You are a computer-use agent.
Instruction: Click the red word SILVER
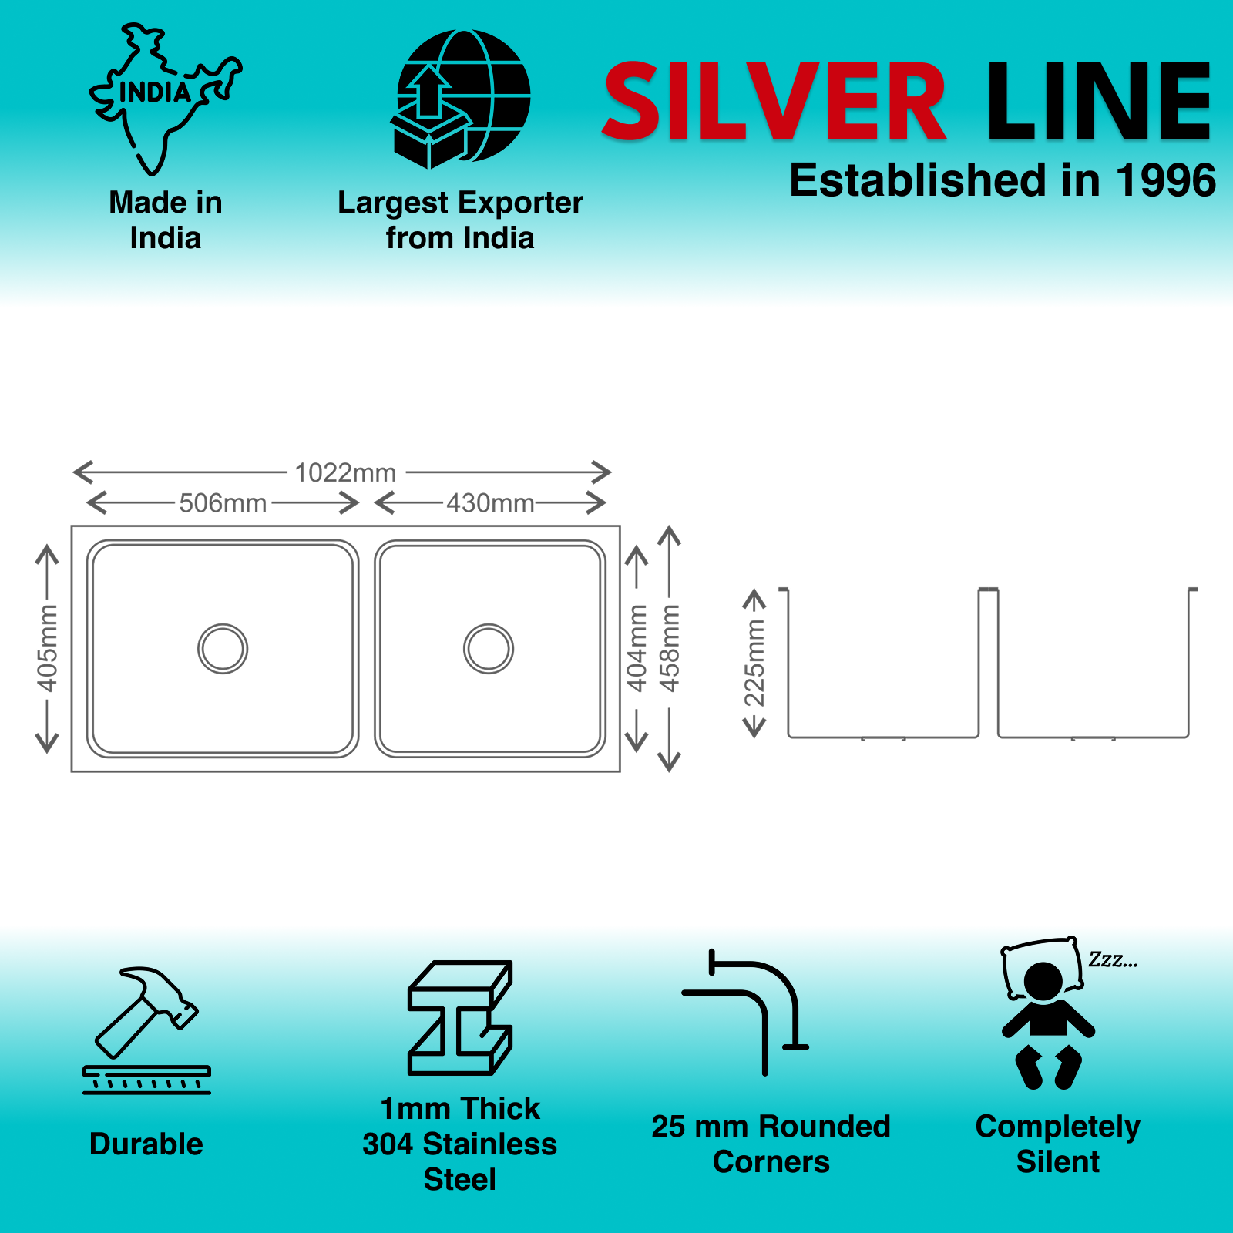coord(774,102)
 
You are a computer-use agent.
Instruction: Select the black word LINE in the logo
coord(1099,102)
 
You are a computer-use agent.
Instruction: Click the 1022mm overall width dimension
coord(345,472)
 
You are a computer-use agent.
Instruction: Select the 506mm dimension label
coord(223,503)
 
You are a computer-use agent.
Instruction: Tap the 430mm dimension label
coord(490,503)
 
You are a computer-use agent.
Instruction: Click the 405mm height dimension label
coord(47,648)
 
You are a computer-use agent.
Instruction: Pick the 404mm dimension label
coord(637,648)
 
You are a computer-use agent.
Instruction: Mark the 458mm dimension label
coord(670,648)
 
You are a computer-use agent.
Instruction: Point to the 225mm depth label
coord(754,663)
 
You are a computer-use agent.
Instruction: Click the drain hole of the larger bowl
coord(223,649)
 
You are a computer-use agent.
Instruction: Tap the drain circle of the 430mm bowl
coord(489,649)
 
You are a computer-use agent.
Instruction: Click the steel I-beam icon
coord(460,1017)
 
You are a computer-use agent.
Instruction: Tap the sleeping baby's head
coord(1043,981)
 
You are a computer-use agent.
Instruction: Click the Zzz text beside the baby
coord(1112,960)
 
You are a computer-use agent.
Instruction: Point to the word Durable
coord(146,1144)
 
